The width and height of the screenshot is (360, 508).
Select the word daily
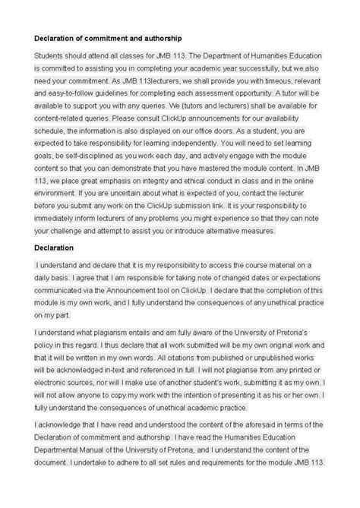46,277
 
